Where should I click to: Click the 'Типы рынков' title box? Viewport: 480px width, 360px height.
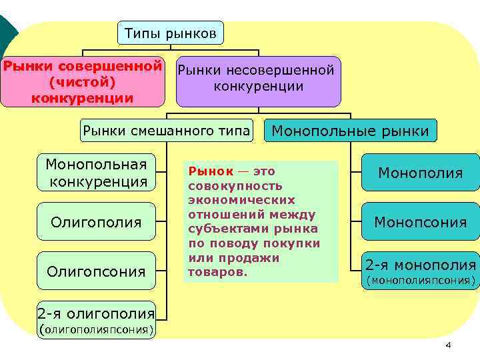(x=171, y=33)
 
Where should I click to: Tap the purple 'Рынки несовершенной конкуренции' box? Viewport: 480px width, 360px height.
(x=258, y=81)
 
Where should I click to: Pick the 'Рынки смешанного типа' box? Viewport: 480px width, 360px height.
(x=166, y=130)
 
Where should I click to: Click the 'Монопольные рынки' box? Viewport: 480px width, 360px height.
(x=351, y=131)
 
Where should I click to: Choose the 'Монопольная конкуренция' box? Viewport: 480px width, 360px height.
(x=97, y=172)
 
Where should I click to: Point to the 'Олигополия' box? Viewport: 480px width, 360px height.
(x=97, y=221)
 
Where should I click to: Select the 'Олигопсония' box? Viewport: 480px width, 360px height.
(x=97, y=270)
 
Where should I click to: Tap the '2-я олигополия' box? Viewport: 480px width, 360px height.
(x=97, y=319)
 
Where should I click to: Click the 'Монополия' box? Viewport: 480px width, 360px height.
(x=420, y=173)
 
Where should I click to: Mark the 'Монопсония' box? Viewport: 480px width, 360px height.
(x=420, y=221)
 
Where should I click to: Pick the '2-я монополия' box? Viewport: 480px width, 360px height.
(x=420, y=270)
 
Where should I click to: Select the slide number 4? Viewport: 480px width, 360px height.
(x=448, y=345)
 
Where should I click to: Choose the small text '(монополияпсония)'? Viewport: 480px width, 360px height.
(x=420, y=281)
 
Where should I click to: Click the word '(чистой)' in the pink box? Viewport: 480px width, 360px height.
(x=83, y=83)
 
